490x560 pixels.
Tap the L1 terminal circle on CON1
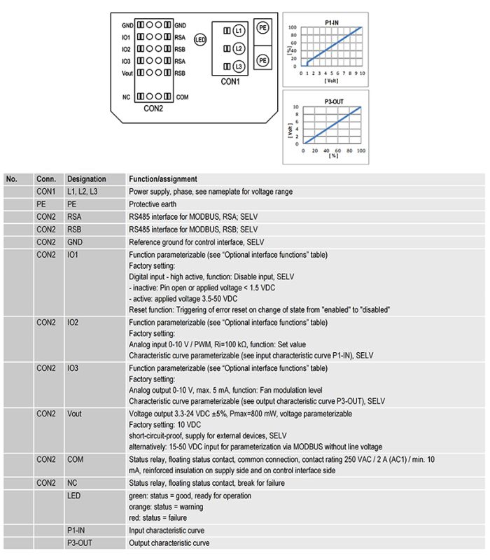click(239, 31)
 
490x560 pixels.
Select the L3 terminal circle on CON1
click(239, 66)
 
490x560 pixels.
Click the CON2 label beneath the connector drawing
click(153, 108)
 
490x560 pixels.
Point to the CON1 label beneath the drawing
click(231, 82)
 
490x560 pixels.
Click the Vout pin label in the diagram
click(126, 73)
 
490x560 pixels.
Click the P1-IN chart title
click(333, 23)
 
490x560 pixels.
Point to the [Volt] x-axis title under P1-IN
click(331, 80)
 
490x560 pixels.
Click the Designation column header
click(87, 179)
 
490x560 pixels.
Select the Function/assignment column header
click(163, 179)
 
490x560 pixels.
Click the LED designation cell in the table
click(73, 496)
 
